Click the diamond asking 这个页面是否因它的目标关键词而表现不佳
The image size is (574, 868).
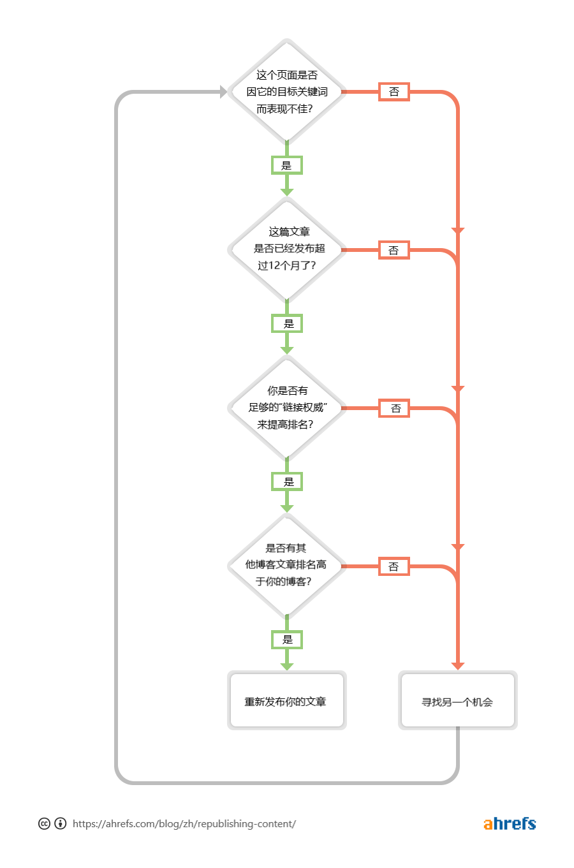pos(286,92)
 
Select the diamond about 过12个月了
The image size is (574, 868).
pos(286,249)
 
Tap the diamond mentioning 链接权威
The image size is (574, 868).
pos(286,408)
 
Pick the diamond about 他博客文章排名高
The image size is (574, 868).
pos(286,565)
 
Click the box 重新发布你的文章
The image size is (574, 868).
pos(286,700)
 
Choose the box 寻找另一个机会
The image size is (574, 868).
pos(457,700)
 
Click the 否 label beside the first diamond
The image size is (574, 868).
pos(394,92)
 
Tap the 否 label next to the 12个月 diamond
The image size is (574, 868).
pos(394,250)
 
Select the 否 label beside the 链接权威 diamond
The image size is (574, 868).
pos(395,408)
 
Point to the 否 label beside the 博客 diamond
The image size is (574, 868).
pos(394,566)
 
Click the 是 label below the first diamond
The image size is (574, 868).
pos(286,165)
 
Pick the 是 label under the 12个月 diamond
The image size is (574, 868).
pos(288,323)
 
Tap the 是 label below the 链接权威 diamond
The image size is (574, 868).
pos(288,482)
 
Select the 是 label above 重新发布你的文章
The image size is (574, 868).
pos(287,639)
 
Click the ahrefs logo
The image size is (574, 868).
pos(510,823)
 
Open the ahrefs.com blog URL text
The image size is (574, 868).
pos(184,824)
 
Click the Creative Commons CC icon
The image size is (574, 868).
pos(44,823)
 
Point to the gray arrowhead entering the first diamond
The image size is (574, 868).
pos(223,92)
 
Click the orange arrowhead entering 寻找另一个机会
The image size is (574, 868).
pos(457,666)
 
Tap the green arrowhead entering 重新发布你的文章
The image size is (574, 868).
pos(287,666)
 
